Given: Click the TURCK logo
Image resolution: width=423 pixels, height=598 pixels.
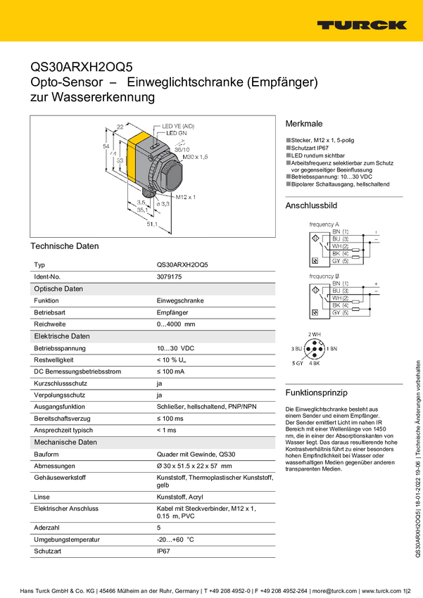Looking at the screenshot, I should coord(361,25).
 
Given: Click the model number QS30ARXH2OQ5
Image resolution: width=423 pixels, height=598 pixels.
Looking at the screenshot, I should coord(183,265).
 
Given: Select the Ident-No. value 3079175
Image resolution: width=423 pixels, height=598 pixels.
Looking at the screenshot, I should coord(169,277).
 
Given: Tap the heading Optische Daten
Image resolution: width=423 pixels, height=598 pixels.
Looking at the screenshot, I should coord(58,289).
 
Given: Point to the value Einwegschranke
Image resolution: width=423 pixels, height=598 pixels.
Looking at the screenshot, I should coord(180,300).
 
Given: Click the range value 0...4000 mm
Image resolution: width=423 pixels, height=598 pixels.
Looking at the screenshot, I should coord(176,324).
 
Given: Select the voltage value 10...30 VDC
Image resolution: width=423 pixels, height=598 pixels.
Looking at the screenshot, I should coord(175,348).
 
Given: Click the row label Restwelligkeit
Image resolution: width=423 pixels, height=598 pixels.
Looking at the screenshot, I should coord(54,360).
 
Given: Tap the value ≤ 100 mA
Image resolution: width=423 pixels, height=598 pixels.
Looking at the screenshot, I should coord(171,371).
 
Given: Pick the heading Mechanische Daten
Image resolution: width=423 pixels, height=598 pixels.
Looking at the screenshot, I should coord(65,443).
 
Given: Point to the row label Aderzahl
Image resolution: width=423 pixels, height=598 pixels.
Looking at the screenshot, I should coord(47,527).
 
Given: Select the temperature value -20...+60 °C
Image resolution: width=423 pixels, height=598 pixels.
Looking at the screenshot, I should coord(175,540).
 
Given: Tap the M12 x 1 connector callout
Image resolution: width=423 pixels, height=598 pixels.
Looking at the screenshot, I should coord(185,196).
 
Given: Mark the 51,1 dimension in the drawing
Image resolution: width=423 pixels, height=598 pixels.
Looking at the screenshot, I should coord(151,224).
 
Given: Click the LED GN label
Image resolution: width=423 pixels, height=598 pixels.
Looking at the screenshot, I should coord(176,132).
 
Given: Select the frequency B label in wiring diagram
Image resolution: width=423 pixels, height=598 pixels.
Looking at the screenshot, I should coord(324,276).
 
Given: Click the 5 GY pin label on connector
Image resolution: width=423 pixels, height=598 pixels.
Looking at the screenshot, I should coord(298,362).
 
